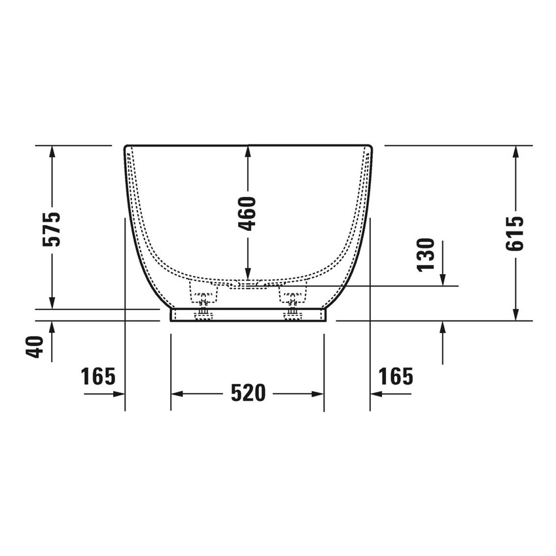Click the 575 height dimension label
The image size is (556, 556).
click(52, 228)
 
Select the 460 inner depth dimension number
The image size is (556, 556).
click(247, 213)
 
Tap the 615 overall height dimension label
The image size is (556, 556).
click(516, 234)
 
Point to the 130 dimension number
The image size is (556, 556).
click(426, 254)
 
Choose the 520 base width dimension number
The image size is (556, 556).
click(248, 393)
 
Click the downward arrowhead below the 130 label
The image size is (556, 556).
click(443, 279)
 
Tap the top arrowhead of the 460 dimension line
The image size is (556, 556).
click(247, 152)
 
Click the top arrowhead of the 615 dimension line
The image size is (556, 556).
click(516, 152)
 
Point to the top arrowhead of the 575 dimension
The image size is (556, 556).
click(52, 152)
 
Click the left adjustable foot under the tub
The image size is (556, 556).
click(203, 305)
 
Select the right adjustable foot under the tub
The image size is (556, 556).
click(292, 305)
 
